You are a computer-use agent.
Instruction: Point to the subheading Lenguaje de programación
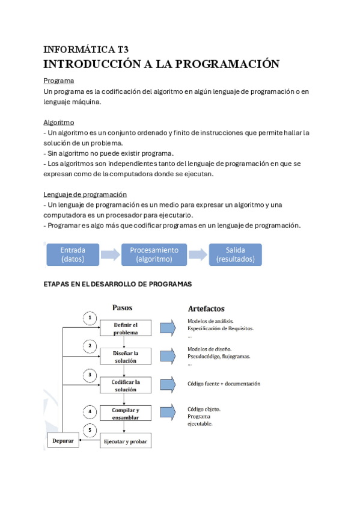pos(85,194)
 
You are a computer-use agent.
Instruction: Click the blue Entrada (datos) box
pos(73,254)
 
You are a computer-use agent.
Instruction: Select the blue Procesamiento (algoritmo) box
pos(154,254)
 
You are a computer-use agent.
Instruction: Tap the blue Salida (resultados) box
pos(235,254)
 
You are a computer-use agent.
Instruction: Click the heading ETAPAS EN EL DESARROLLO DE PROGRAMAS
pos(118,284)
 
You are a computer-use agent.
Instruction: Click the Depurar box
pos(63,441)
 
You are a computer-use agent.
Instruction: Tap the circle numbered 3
pos(90,374)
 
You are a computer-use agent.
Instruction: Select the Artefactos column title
pos(206,309)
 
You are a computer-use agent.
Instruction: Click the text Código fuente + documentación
pos(224,384)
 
